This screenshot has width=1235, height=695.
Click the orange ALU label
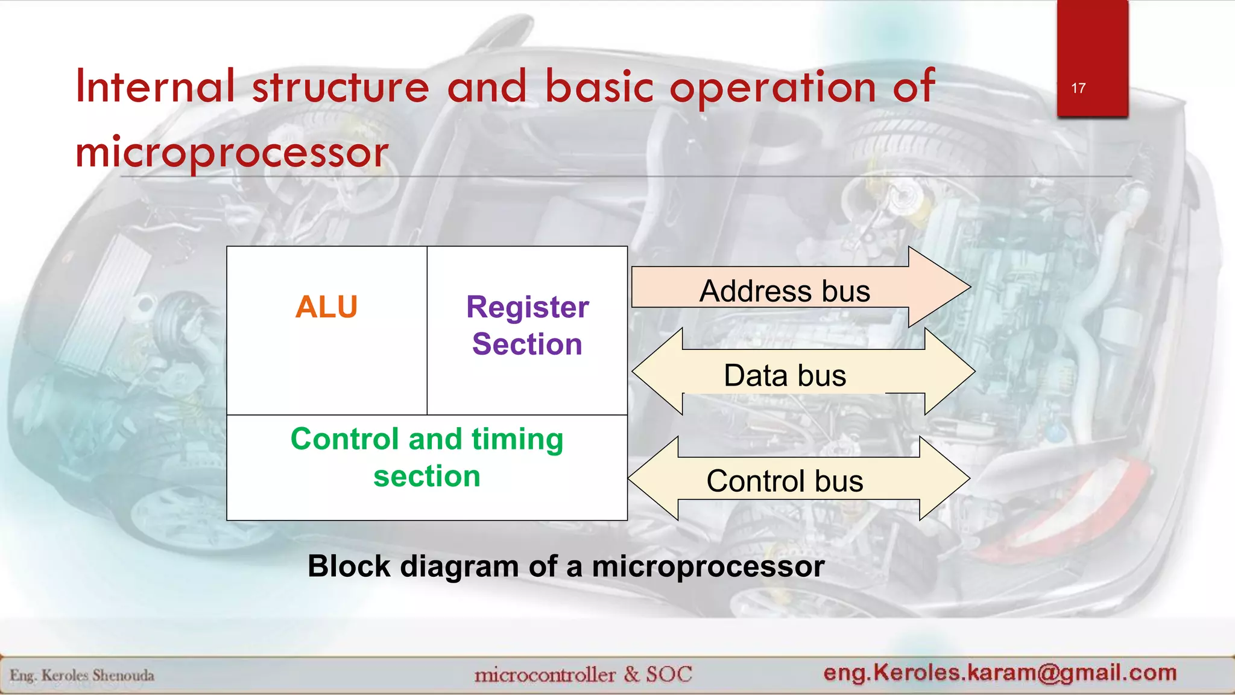326,307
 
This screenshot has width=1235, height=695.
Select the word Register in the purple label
527,308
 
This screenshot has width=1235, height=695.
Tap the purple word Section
527,344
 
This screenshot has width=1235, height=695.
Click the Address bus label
785,291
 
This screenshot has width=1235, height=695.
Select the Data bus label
785,376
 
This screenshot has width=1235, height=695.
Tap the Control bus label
785,481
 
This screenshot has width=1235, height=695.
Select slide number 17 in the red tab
1078,89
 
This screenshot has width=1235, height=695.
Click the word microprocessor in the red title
232,152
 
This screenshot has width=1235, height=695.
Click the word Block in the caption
349,566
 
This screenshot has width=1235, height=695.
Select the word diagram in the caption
459,567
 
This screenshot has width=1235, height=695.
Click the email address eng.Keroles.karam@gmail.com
1000,672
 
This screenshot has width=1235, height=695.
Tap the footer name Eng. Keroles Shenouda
82,675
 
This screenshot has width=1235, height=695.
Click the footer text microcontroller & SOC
583,674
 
